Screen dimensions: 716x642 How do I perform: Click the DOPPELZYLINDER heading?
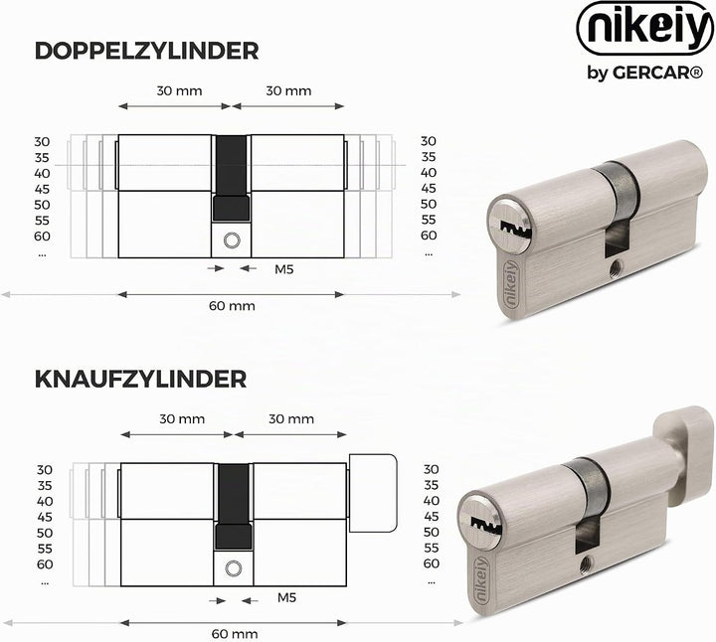(146, 51)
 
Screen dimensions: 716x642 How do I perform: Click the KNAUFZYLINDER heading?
(140, 380)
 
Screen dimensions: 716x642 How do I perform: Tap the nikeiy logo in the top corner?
(645, 28)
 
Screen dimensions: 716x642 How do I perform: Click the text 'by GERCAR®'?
(645, 73)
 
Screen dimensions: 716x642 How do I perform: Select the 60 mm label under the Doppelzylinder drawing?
(232, 306)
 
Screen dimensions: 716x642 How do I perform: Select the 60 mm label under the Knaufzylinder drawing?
(235, 634)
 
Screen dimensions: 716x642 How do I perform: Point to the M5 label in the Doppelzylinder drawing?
(284, 269)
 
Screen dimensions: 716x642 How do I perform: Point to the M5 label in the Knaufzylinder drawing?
(286, 597)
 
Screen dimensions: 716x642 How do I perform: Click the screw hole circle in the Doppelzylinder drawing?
(231, 241)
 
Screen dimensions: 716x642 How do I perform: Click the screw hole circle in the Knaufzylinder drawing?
(234, 568)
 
